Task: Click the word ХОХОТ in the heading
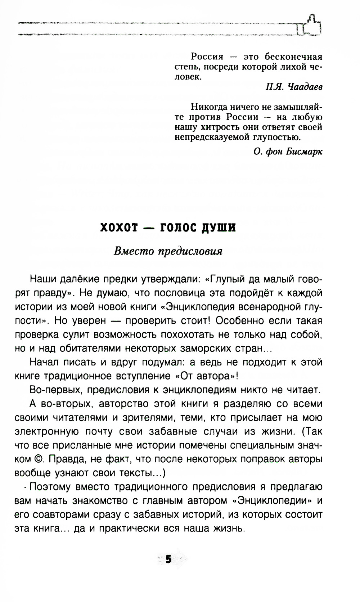tap(119, 228)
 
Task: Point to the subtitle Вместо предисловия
tap(168, 251)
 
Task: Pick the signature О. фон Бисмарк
tap(288, 152)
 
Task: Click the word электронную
tap(45, 432)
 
